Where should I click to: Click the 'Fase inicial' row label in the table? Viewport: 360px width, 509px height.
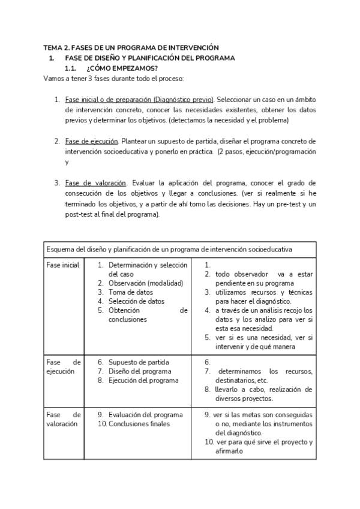(x=62, y=265)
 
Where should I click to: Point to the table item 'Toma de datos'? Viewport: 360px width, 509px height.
(x=131, y=292)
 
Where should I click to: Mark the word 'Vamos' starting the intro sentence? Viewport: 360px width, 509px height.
(x=54, y=79)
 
